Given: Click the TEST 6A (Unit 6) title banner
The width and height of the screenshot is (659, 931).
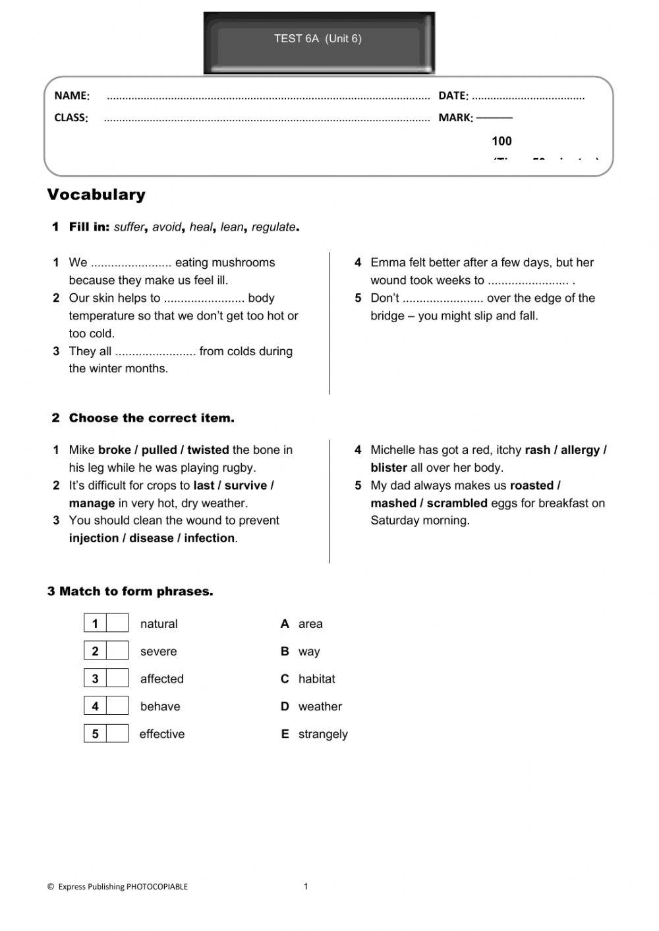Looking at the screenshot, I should point(318,40).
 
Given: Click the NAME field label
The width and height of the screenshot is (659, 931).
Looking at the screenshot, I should point(71,96).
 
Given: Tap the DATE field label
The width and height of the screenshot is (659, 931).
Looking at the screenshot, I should point(453,96).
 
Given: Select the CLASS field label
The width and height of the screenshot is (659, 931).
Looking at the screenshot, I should point(71,118).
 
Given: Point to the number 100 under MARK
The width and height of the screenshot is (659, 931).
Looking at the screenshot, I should point(501,141).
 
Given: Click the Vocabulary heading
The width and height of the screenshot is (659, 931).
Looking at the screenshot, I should point(96,194).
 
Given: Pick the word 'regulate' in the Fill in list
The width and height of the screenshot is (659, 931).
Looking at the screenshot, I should point(273,227).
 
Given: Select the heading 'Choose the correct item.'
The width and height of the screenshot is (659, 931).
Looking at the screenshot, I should point(151,418).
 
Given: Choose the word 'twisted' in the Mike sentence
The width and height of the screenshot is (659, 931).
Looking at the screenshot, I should point(208,450).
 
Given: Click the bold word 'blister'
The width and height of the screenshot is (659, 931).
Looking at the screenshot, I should point(388,468).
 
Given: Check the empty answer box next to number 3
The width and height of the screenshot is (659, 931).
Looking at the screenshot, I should point(117,679).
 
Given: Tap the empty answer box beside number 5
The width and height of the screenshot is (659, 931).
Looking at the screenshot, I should point(117,733).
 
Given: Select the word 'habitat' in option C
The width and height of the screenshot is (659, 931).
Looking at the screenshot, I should point(316,679).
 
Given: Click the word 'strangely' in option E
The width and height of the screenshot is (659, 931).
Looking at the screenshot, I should point(323,734).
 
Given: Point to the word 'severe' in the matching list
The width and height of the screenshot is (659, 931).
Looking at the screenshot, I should point(158,652).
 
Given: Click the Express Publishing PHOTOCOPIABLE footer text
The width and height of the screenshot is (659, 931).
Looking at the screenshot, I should point(118,887).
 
